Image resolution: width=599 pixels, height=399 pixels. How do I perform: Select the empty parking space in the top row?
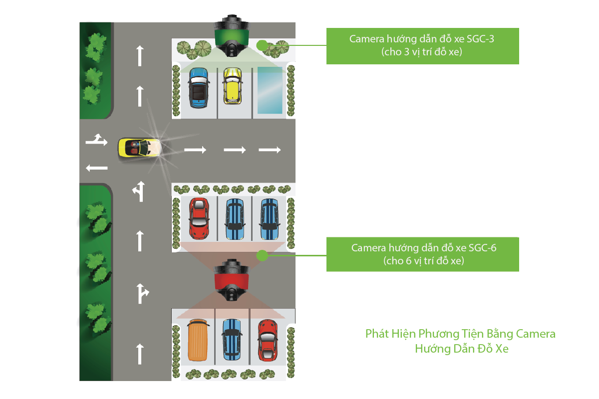pyautogui.click(x=270, y=90)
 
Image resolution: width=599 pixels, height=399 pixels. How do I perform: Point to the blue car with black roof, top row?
pyautogui.click(x=198, y=88)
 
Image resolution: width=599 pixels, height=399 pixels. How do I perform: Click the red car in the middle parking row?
pyautogui.click(x=199, y=218)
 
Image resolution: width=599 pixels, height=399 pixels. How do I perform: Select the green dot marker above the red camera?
pyautogui.click(x=261, y=256)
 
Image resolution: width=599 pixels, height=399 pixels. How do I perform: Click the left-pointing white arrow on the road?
pyautogui.click(x=96, y=168)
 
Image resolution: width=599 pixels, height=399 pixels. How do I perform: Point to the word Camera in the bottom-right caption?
pyautogui.click(x=536, y=334)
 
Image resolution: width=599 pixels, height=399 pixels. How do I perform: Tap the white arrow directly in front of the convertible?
pyautogui.click(x=195, y=149)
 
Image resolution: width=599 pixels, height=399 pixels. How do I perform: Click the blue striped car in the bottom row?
pyautogui.click(x=232, y=340)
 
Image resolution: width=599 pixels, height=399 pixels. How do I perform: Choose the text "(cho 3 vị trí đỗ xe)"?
pyautogui.click(x=422, y=52)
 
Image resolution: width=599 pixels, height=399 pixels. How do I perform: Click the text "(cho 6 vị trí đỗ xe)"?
pyautogui.click(x=423, y=260)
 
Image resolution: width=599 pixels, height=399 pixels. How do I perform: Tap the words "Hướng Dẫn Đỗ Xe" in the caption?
pyautogui.click(x=461, y=349)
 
